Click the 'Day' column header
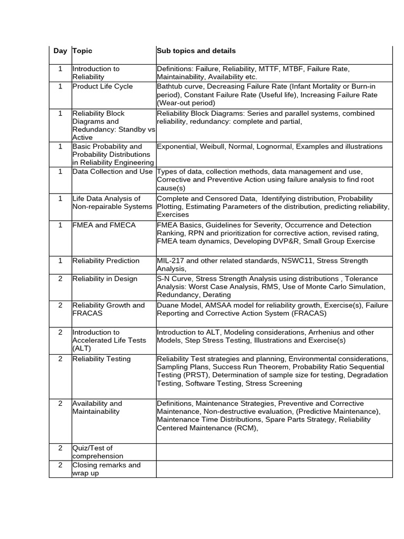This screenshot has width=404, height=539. tap(60, 51)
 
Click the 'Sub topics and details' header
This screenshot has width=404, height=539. tap(196, 51)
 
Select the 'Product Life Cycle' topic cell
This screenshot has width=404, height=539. tap(103, 86)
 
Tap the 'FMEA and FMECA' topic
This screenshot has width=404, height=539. tap(104, 225)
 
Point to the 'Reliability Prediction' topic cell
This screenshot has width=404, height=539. tap(106, 261)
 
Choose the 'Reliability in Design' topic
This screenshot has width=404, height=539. tap(105, 278)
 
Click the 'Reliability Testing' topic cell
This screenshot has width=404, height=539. tap(102, 359)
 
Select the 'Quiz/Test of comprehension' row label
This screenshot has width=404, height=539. tap(98, 452)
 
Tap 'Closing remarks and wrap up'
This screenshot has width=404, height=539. tap(106, 469)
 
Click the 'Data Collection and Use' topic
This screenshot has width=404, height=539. tap(113, 172)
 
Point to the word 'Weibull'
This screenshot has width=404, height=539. tap(214, 146)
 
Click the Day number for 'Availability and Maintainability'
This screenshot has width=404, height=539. tap(60, 403)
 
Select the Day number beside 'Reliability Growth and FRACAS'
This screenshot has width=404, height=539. tap(60, 305)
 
